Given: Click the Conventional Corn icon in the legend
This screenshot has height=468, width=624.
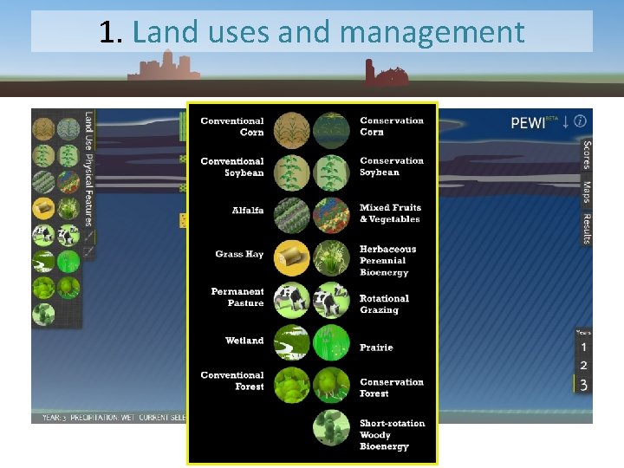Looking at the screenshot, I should coord(291,131).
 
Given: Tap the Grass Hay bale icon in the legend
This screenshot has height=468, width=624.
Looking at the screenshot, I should coord(291,257).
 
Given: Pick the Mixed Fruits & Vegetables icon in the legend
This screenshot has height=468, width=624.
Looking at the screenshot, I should coord(332,215).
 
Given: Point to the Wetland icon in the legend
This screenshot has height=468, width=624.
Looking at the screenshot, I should coord(291,343).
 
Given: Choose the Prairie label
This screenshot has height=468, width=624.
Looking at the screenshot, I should coord(376,348).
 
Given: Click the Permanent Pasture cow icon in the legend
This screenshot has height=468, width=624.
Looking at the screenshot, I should coord(291,301).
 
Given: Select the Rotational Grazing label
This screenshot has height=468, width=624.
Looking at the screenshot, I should coord(384,304).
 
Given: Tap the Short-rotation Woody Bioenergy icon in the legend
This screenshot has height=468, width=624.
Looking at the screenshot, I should coord(332,427).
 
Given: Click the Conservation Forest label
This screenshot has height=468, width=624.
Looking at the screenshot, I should coord(392,387).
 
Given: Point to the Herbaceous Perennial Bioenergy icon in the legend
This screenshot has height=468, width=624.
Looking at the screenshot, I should coord(332,257).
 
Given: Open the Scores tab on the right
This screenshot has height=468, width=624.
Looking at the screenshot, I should coord(587,156).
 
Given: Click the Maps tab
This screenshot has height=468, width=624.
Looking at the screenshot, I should coord(587,192).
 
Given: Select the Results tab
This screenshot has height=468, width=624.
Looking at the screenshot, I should coord(587,229).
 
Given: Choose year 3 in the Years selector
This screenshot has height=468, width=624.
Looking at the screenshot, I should coord(583,385).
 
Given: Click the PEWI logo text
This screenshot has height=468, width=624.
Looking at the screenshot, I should coord(529,123).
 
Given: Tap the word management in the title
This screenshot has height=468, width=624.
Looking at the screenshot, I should coord(432,33).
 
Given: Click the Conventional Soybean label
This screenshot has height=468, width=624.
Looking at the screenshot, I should coord(232,167).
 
